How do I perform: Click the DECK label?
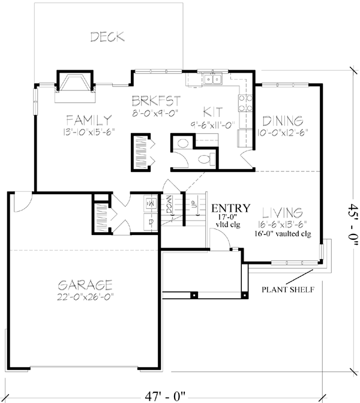coord(107,37)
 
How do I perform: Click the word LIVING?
coord(282,213)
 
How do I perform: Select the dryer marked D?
coord(149,221)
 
